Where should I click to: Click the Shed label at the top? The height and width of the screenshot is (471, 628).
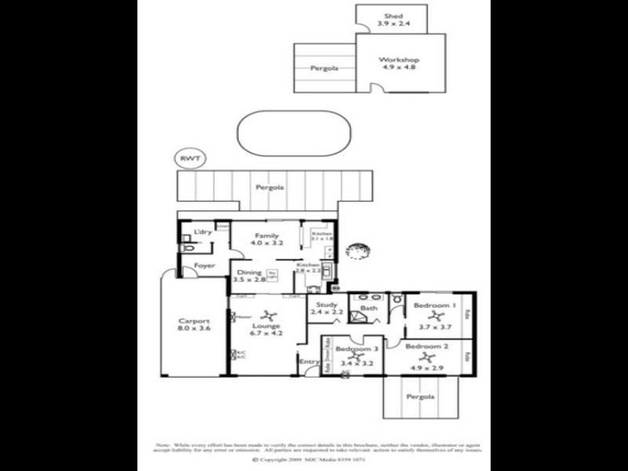(x=393, y=16)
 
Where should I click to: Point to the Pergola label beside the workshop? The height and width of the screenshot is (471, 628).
(x=324, y=68)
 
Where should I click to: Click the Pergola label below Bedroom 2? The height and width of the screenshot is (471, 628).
(x=420, y=397)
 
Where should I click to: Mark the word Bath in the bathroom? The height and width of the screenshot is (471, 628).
(x=369, y=309)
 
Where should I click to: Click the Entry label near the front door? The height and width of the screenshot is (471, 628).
(x=308, y=361)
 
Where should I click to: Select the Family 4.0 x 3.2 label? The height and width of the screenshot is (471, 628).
(x=266, y=239)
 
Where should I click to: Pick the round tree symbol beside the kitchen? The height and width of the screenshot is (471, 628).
(x=357, y=251)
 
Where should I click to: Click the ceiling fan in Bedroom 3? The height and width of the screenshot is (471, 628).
(x=352, y=357)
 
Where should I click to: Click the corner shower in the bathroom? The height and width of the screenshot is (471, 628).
(x=357, y=316)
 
